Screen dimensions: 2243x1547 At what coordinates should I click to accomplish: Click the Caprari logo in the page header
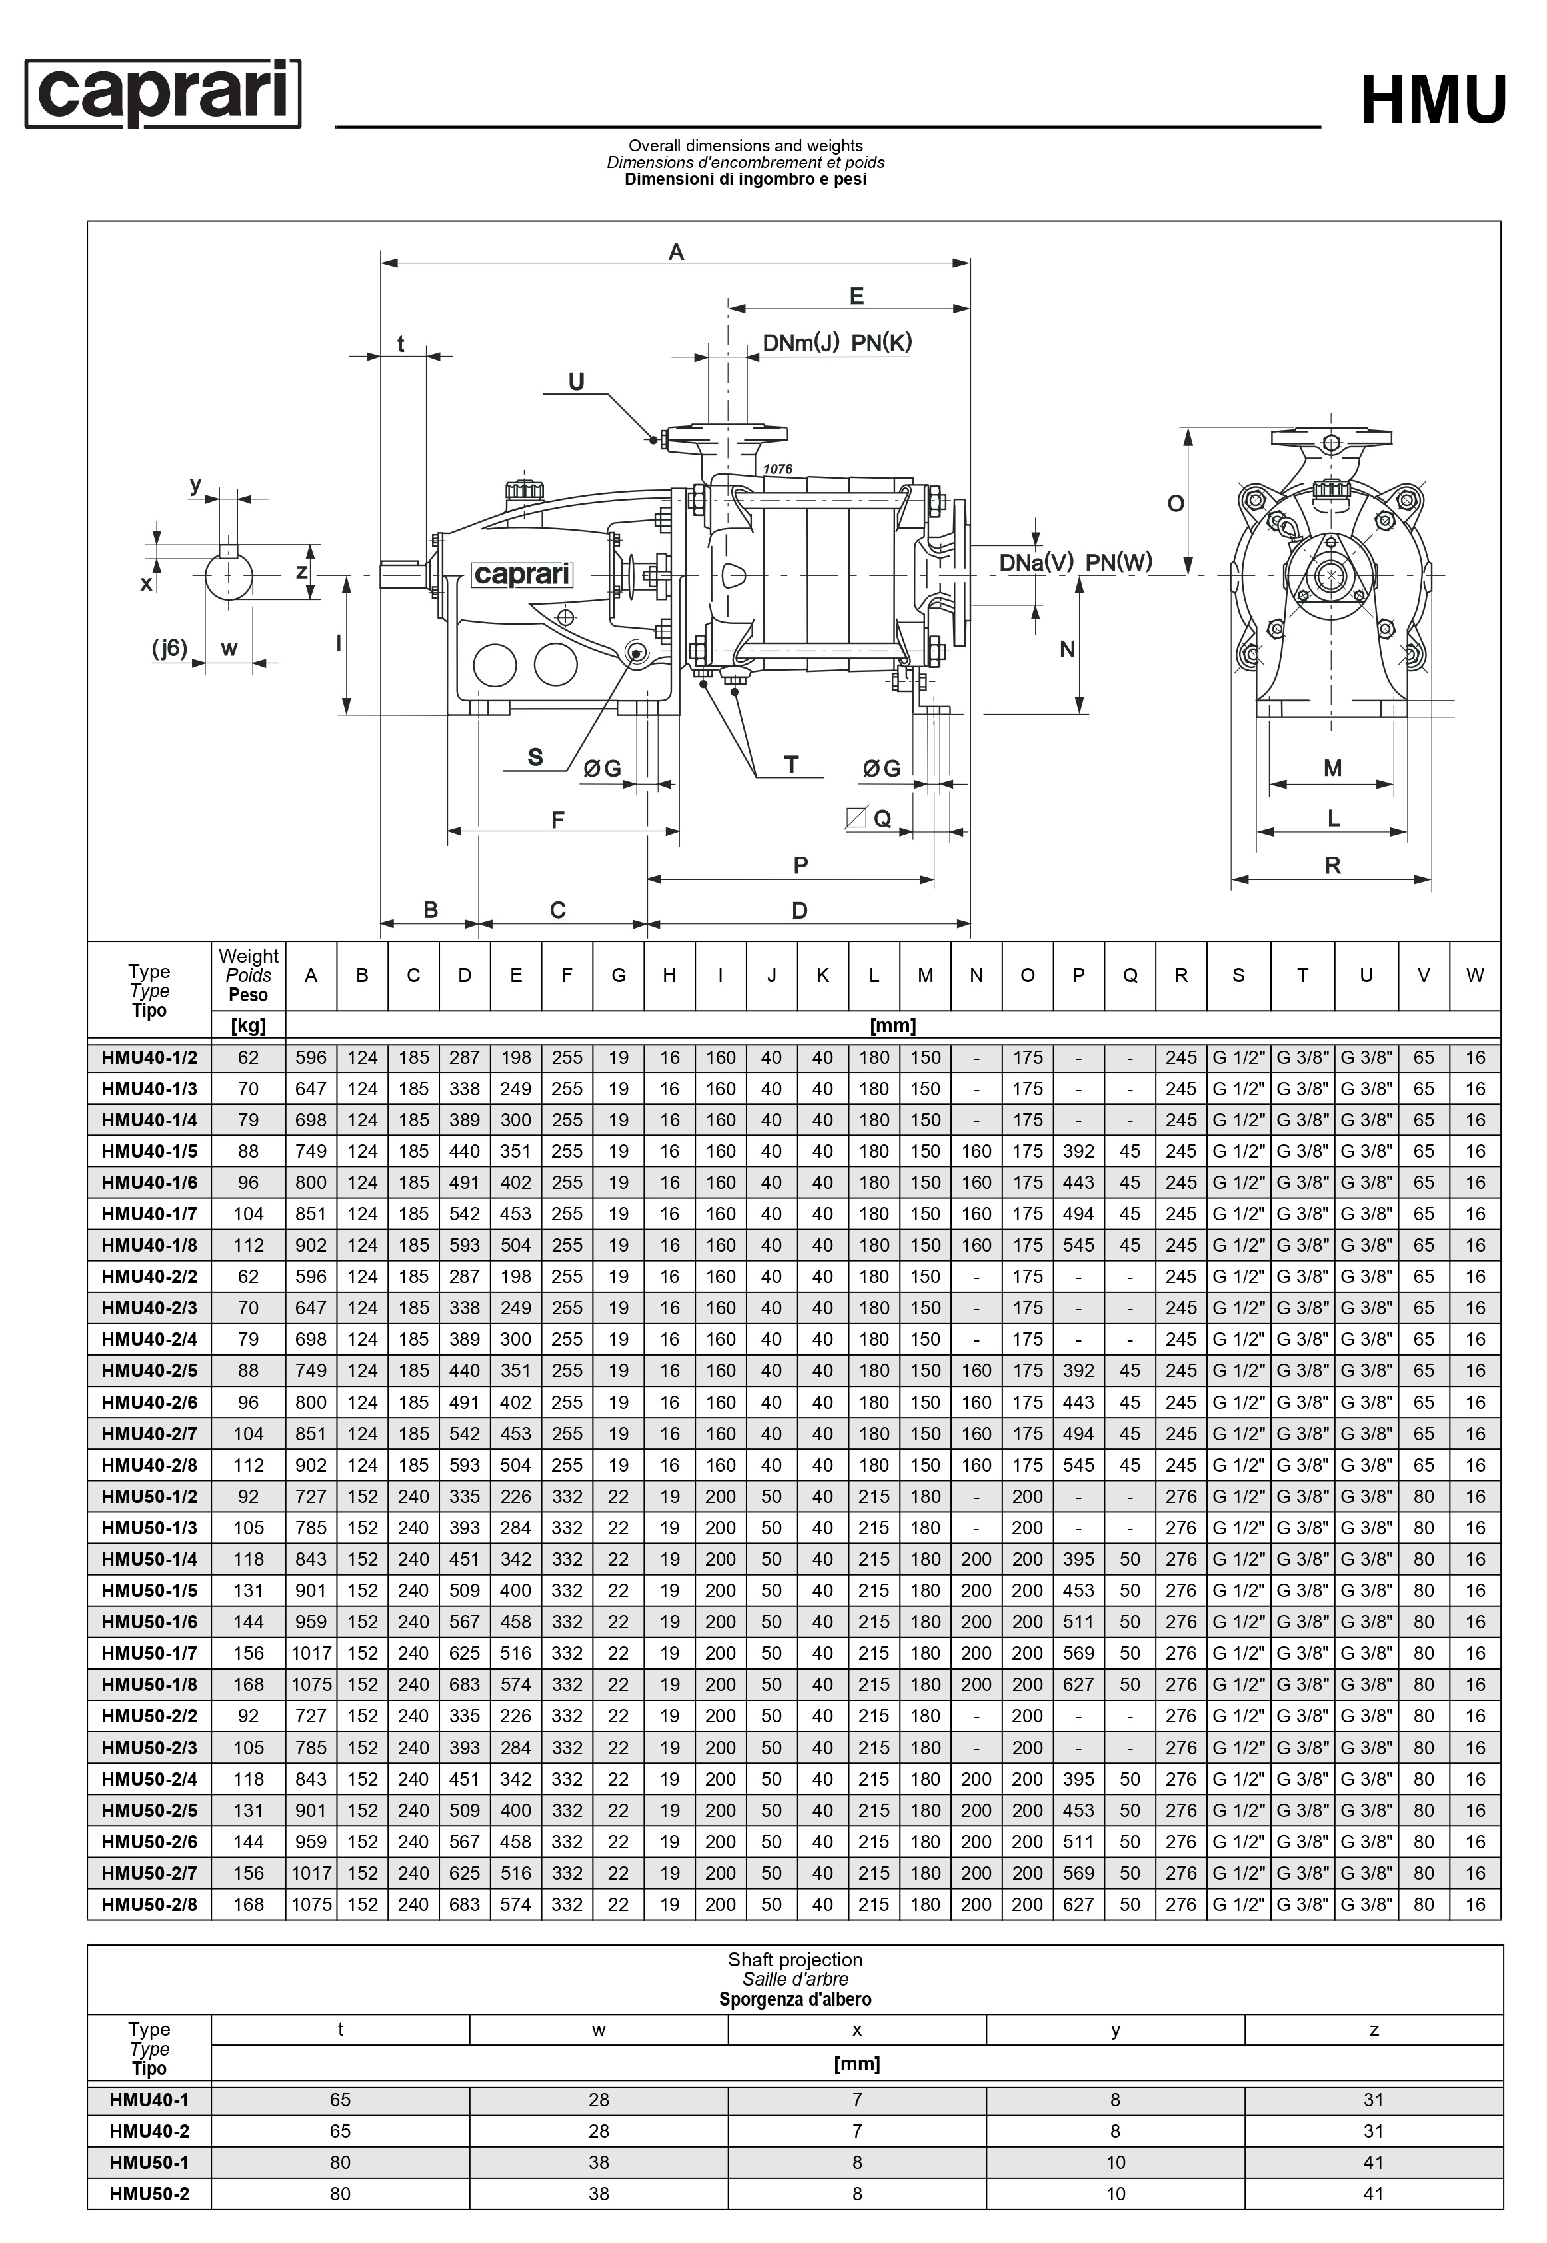coord(163,93)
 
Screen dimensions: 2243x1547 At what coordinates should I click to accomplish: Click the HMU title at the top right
coord(1432,100)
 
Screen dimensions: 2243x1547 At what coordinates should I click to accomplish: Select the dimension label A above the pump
coord(676,252)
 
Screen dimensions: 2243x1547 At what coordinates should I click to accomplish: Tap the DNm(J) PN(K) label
coord(836,343)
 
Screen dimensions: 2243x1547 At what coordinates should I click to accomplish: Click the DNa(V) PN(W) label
coord(1075,562)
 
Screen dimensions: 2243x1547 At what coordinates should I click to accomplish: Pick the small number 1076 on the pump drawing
coord(777,469)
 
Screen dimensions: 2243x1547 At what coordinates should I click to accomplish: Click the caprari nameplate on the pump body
coord(521,575)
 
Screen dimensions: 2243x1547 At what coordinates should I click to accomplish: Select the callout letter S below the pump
coord(535,757)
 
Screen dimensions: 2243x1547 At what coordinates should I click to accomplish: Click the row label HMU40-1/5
coord(149,1152)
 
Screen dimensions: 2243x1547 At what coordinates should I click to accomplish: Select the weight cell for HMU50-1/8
coord(248,1684)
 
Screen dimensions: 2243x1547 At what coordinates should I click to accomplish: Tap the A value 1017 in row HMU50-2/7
coord(311,1872)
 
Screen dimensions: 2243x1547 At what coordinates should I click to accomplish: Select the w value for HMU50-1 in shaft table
coord(598,2162)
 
